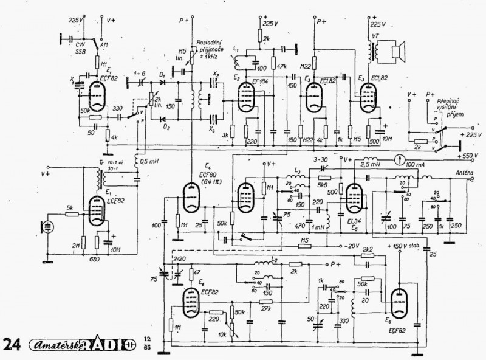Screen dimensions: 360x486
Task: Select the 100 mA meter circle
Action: (x=399, y=161)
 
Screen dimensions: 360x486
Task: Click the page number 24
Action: (x=12, y=344)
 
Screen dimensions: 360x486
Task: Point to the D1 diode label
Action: (x=162, y=75)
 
